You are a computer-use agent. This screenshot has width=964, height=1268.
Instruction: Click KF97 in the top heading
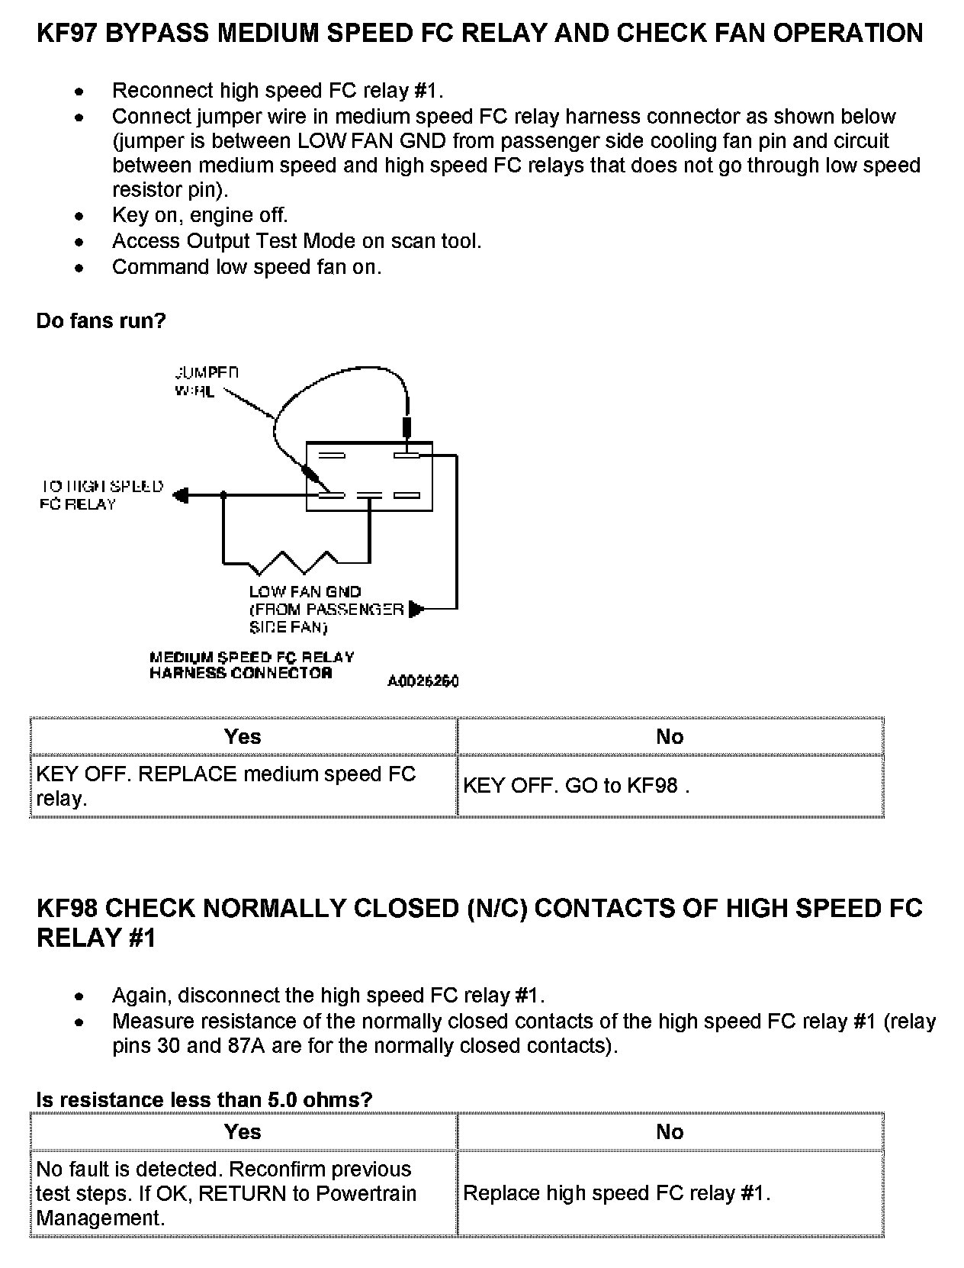[66, 34]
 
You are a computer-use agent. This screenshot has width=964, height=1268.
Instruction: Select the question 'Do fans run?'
[101, 320]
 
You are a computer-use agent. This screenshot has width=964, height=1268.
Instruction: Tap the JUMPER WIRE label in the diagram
[204, 381]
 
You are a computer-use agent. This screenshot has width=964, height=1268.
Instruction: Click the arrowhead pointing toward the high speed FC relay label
[181, 495]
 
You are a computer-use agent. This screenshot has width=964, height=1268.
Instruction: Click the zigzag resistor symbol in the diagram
[297, 562]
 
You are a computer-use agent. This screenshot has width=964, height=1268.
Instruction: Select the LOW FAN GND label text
[305, 591]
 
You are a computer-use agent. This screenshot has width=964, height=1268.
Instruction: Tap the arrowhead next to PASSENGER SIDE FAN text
[416, 609]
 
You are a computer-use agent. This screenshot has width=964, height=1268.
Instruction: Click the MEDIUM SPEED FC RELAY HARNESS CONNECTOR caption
[252, 665]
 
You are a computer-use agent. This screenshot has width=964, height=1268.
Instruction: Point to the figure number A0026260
[423, 681]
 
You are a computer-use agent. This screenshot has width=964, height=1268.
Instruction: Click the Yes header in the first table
[243, 736]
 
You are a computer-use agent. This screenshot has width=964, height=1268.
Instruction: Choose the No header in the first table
[670, 736]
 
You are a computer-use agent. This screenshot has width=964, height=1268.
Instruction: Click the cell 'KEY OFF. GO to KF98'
[576, 786]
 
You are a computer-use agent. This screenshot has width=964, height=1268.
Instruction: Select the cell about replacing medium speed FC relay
[226, 786]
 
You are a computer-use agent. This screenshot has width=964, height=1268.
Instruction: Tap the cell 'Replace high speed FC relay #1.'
[616, 1193]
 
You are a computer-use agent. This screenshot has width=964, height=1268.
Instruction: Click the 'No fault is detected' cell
[226, 1193]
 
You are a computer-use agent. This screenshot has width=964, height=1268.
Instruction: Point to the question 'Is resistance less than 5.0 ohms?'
[204, 1099]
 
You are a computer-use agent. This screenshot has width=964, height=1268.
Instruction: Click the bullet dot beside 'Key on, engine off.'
[79, 217]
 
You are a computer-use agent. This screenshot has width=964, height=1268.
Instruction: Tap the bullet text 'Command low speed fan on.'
[246, 267]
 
